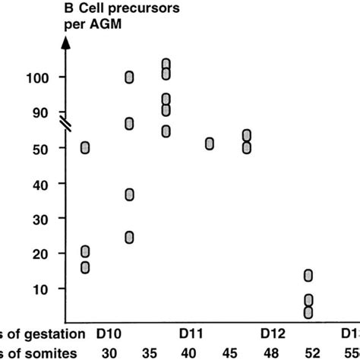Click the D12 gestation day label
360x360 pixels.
(x=273, y=333)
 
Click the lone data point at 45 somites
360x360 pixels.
(x=210, y=144)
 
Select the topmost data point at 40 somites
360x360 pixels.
(x=166, y=64)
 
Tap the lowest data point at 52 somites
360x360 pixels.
(x=308, y=312)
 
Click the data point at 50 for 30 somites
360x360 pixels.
(x=85, y=147)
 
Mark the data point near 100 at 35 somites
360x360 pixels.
(x=129, y=77)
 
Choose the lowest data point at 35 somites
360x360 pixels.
(x=129, y=238)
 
